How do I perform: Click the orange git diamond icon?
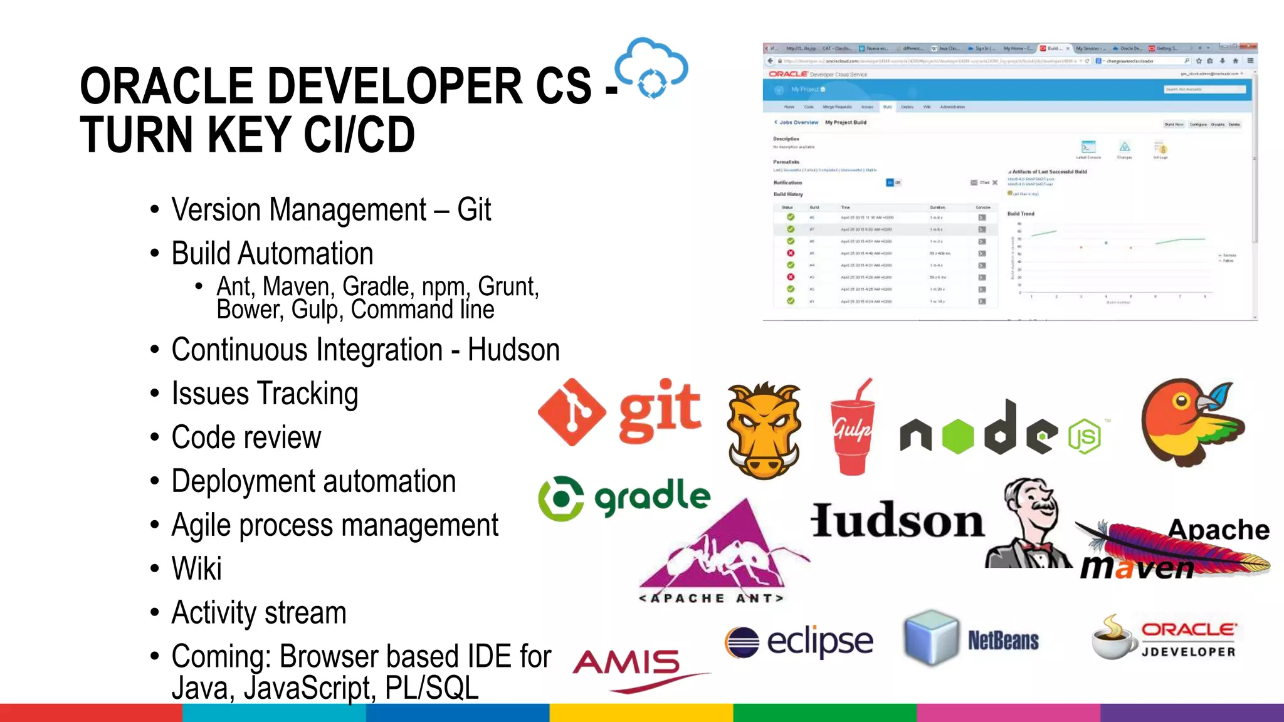(571, 412)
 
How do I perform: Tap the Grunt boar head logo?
(764, 431)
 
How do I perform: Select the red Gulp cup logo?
(852, 431)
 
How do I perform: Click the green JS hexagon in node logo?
(1084, 436)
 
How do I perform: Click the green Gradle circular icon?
(560, 498)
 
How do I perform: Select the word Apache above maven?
(1218, 530)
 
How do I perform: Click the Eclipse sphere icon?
(742, 642)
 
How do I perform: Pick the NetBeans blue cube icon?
(932, 637)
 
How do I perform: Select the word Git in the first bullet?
(474, 210)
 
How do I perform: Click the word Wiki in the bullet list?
(196, 569)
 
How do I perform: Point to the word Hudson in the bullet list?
(513, 350)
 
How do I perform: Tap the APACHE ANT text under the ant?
(712, 599)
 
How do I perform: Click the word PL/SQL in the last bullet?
(431, 688)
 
